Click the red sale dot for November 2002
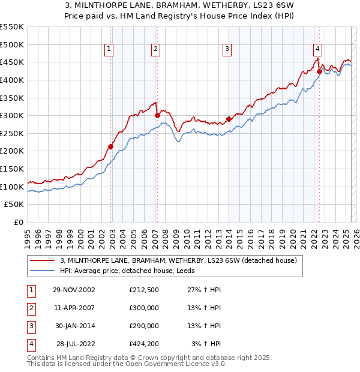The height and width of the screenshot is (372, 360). pyautogui.click(x=111, y=146)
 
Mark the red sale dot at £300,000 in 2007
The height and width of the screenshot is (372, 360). pyautogui.click(x=157, y=115)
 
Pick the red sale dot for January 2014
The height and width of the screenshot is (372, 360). pyautogui.click(x=229, y=119)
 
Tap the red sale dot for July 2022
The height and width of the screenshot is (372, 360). pyautogui.click(x=319, y=71)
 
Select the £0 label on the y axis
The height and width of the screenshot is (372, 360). pyautogui.click(x=18, y=222)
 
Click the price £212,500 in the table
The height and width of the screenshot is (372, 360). pyautogui.click(x=144, y=290)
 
